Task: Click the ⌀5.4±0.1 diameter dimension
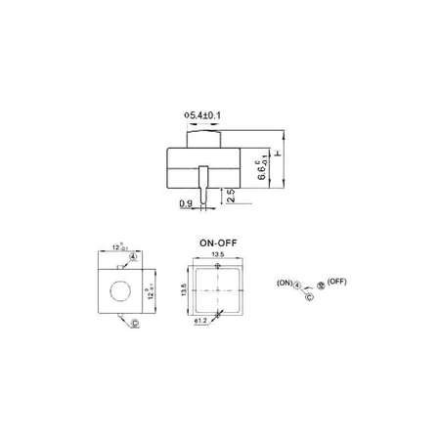[x=206, y=116]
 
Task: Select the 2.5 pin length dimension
[x=230, y=196]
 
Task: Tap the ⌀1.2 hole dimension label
[x=201, y=320]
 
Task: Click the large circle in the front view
[x=120, y=291]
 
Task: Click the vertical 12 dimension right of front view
[x=149, y=291]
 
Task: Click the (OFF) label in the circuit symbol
[x=337, y=281]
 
